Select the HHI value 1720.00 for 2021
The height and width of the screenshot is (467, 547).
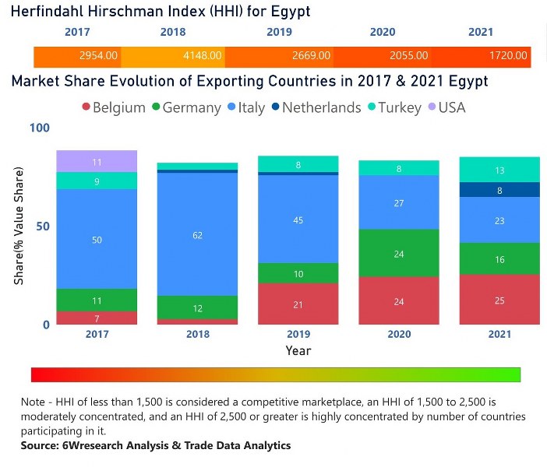click(509, 56)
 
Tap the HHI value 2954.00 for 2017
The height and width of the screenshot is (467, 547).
click(99, 56)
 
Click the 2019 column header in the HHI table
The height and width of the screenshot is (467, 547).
click(279, 33)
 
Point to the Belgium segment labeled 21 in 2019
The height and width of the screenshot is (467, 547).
click(298, 304)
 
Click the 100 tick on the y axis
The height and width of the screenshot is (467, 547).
click(39, 128)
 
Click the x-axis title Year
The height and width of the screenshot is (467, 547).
click(298, 351)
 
